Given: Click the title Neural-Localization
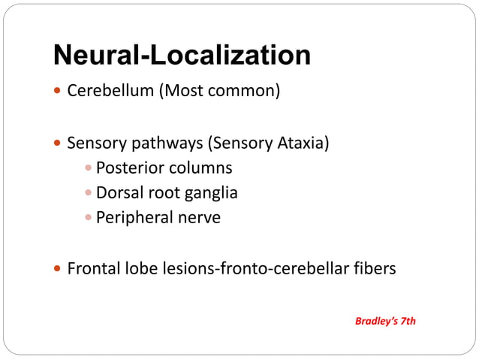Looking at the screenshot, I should point(182,55).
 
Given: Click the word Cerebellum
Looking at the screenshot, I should point(110,92).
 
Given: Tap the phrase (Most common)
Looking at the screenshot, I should point(218,92).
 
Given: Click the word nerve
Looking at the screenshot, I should point(200,218).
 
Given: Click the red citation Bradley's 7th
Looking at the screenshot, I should point(385,321).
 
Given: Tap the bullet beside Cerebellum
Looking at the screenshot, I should point(59,92).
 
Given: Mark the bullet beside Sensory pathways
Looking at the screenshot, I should point(59,143).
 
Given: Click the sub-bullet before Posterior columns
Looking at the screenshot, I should point(89,168).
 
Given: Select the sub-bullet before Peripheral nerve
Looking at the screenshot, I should point(89,219).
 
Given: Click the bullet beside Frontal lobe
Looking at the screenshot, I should point(59,268).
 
